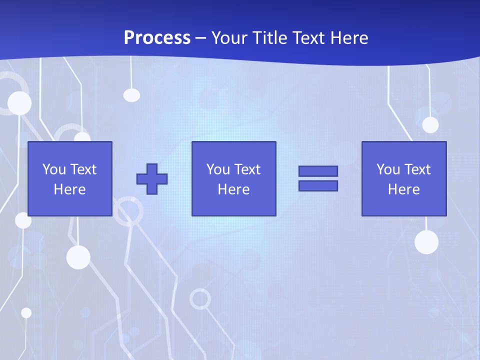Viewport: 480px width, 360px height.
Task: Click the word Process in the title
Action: pos(157,38)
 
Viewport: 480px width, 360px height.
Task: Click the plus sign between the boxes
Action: pos(152,179)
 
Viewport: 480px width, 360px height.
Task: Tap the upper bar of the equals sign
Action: pos(318,171)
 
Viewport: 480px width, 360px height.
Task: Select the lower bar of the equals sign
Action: pos(318,186)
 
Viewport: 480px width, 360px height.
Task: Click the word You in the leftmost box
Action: pos(54,169)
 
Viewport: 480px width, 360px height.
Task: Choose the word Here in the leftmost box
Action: pos(69,189)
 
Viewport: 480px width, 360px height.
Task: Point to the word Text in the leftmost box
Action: pos(83,169)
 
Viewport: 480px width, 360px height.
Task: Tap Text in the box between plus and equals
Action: pos(247,169)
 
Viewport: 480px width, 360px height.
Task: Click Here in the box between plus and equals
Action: pos(233,189)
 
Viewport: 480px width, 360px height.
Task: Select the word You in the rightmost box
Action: pos(388,169)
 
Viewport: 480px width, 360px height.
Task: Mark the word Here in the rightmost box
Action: pos(403,189)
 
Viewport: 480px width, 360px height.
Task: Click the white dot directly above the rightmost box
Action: pos(430,125)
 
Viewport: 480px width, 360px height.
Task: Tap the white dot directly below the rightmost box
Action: pos(426,242)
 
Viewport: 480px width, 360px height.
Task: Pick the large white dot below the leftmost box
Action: pos(78,257)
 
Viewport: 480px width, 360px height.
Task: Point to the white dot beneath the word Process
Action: pos(131,95)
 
